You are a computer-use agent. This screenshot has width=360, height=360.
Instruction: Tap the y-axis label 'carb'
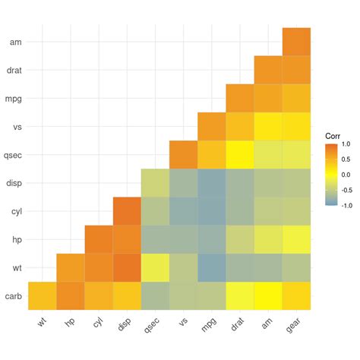[13, 296]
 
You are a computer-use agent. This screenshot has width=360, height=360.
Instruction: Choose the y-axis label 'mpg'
[13, 99]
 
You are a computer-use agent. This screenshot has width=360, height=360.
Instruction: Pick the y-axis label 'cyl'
[14, 211]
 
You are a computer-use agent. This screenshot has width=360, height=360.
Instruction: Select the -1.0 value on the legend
[346, 205]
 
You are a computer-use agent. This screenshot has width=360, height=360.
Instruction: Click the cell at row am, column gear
[296, 42]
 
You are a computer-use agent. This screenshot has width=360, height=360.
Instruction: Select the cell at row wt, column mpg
[212, 267]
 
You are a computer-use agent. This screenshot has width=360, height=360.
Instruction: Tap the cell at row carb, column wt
[43, 295]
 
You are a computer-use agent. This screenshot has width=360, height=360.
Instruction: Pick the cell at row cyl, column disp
[127, 211]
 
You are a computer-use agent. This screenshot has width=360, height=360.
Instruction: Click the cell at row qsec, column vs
[184, 155]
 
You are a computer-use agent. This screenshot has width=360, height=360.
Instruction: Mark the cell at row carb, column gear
[296, 295]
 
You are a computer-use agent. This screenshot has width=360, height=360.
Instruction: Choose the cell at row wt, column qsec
[155, 267]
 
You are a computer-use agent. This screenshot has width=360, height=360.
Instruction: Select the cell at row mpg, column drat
[240, 99]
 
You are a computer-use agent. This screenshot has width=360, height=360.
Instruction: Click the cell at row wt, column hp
[71, 267]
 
